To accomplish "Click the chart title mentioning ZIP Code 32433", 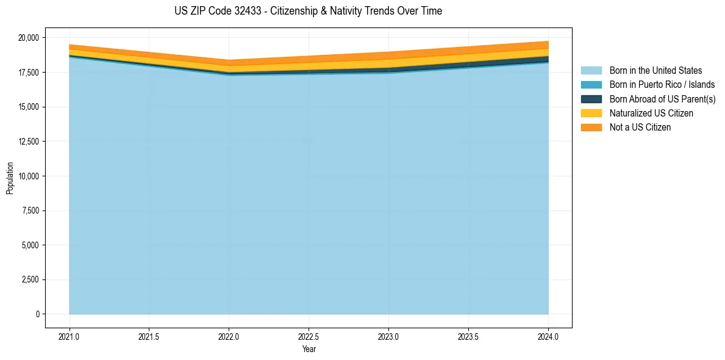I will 308,11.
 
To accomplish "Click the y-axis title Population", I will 10,178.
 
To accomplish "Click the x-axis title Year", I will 309,349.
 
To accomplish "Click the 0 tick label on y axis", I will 37,314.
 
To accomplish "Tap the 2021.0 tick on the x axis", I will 70,336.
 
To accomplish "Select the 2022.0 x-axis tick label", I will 229,336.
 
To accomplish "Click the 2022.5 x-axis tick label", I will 309,336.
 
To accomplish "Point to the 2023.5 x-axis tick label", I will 468,336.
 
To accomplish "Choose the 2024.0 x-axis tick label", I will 548,336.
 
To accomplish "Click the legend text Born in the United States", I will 655,71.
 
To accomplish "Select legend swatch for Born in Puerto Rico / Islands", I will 591,85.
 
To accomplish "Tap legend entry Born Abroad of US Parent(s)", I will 662,99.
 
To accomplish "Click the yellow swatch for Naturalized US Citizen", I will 591,113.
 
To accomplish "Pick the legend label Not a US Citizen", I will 640,128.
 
